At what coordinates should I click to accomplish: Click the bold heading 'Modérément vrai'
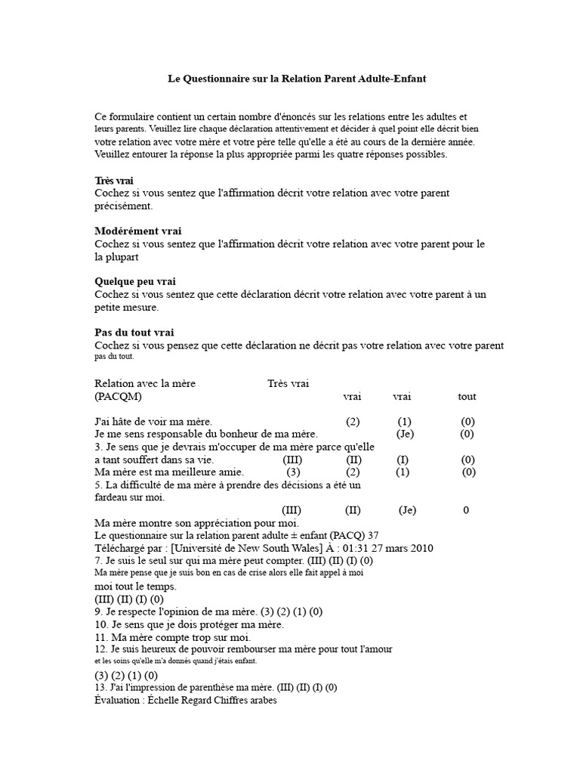[x=138, y=231]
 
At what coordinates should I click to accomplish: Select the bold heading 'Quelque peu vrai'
[x=135, y=281]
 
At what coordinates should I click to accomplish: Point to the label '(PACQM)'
[x=118, y=396]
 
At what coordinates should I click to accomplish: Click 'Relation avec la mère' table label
[x=145, y=383]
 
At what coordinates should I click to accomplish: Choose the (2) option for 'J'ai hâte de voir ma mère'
[x=353, y=421]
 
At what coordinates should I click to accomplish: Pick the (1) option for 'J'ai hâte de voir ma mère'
[x=405, y=421]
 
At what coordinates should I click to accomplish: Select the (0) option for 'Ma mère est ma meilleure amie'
[x=469, y=472]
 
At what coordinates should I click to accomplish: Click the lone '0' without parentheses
[x=466, y=509]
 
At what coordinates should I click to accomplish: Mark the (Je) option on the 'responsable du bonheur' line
[x=406, y=434]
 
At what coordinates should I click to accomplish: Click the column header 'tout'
[x=467, y=396]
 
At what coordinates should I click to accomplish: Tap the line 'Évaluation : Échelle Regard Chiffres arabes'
[x=186, y=701]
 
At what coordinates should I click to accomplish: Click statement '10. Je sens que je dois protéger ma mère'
[x=189, y=624]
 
